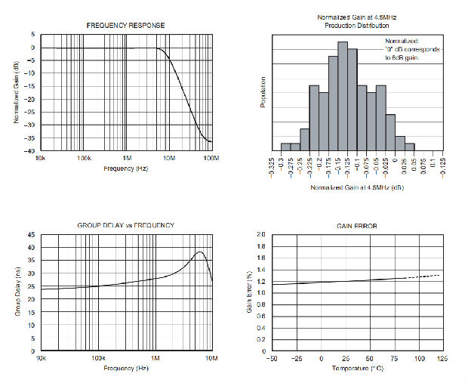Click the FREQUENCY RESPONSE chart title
click(x=126, y=26)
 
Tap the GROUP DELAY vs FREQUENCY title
click(x=126, y=225)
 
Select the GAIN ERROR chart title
click(x=357, y=226)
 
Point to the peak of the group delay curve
click(x=199, y=252)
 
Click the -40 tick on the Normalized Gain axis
click(x=31, y=151)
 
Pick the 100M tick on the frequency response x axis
click(x=211, y=159)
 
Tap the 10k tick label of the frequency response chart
click(x=42, y=159)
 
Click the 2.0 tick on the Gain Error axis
click(x=261, y=235)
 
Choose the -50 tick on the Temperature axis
click(x=272, y=358)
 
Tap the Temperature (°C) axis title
click(x=356, y=368)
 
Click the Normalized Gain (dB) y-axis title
click(x=17, y=92)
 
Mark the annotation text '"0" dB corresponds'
click(x=412, y=49)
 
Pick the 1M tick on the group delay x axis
click(x=155, y=358)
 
